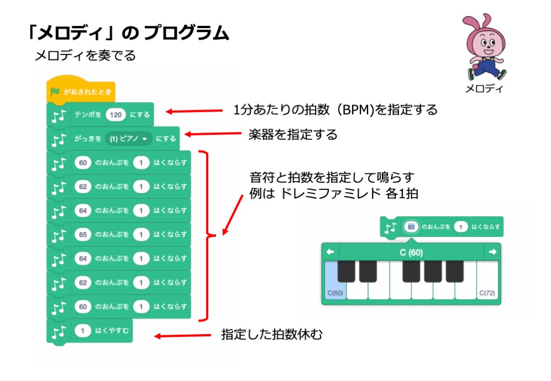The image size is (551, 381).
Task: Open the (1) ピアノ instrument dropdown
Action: tap(128, 139)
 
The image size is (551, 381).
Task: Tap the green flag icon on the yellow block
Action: tap(55, 92)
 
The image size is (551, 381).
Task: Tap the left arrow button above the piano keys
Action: tap(331, 252)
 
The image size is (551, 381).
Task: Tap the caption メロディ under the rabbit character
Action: tap(483, 88)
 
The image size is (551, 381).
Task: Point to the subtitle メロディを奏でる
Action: tap(85, 56)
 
